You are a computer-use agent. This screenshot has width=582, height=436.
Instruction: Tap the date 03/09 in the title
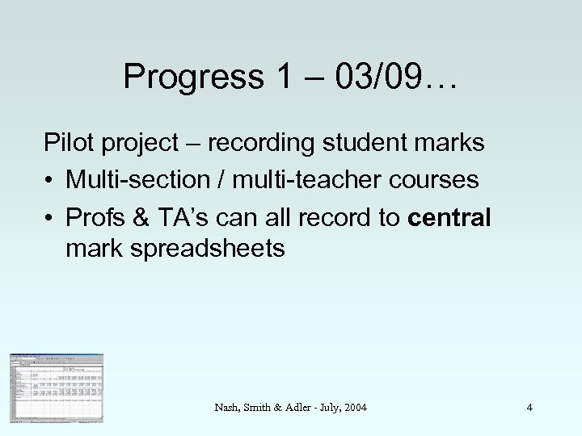point(377,77)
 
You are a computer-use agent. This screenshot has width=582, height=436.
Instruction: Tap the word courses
point(434,178)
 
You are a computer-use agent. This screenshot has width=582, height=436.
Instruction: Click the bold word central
point(450,214)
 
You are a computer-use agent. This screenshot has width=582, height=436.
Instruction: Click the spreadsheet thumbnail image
point(57,388)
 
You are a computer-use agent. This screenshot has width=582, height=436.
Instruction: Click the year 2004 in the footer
point(354,408)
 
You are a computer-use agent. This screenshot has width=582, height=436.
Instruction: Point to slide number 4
point(529,408)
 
